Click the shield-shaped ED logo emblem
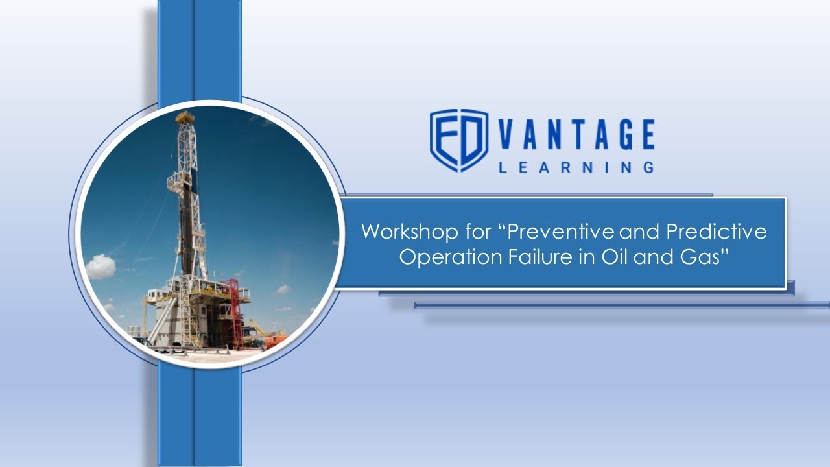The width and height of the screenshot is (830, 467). coord(459,140)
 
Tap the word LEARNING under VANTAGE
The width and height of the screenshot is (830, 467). coord(576,167)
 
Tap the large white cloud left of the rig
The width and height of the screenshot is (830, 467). coord(100,266)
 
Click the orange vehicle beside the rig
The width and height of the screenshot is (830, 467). coord(274,339)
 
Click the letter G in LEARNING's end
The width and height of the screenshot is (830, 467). coord(646,167)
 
